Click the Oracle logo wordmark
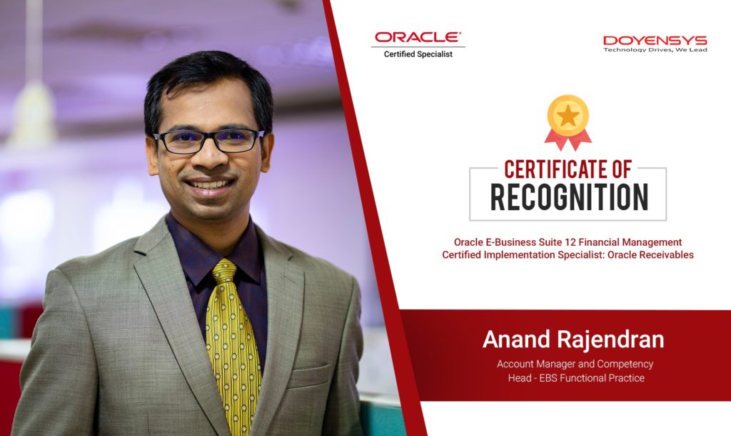pos(418,37)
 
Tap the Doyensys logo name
pos(655,41)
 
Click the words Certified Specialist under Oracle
pos(418,54)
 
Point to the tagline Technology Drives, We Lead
pos(655,49)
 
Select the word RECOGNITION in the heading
pos(569,197)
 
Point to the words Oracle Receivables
pos(650,255)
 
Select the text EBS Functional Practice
pos(592,378)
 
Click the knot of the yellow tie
pos(224,270)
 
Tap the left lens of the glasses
pos(178,142)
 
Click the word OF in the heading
pos(622,169)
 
